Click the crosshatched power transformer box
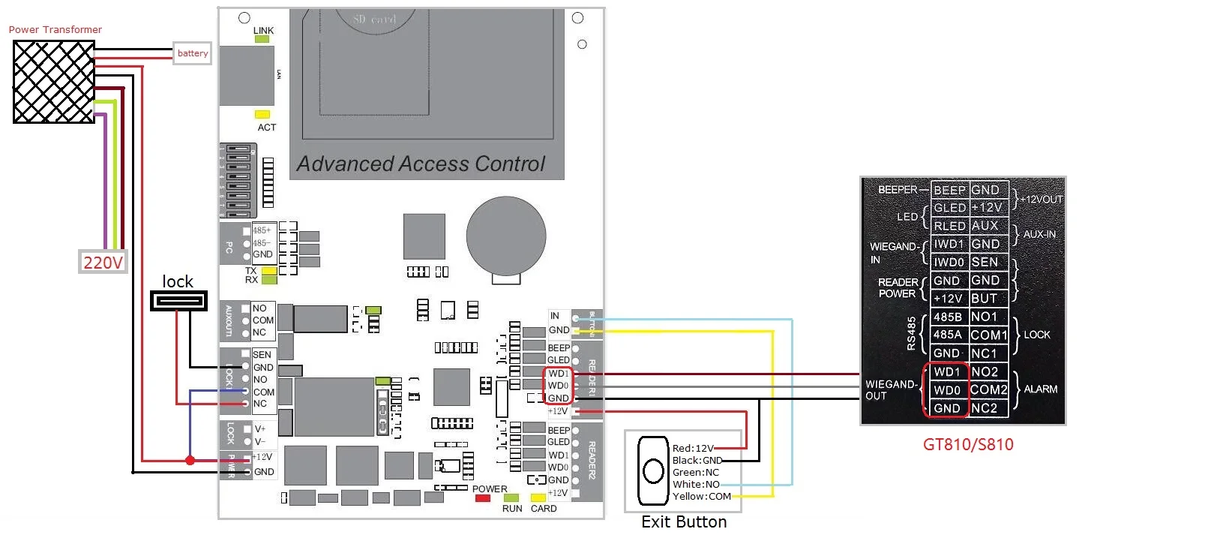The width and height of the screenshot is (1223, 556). pyautogui.click(x=54, y=82)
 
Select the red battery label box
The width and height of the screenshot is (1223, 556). pyautogui.click(x=192, y=53)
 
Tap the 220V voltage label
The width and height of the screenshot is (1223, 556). pyautogui.click(x=103, y=262)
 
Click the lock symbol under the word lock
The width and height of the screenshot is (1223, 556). pyautogui.click(x=178, y=301)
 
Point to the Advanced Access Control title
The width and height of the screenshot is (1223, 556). pyautogui.click(x=421, y=164)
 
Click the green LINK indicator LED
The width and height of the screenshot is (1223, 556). pyautogui.click(x=262, y=39)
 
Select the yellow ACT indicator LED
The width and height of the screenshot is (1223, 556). pyautogui.click(x=262, y=115)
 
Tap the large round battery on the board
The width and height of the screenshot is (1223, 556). pyautogui.click(x=506, y=236)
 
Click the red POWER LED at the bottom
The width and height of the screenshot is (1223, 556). pyautogui.click(x=483, y=498)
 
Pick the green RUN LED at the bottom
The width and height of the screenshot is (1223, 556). pyautogui.click(x=511, y=498)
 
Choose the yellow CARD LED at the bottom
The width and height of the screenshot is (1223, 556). pyautogui.click(x=538, y=498)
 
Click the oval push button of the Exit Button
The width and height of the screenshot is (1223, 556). pyautogui.click(x=653, y=471)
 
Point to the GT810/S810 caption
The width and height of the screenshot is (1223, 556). pyautogui.click(x=967, y=444)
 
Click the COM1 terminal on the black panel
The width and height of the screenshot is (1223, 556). pyautogui.click(x=988, y=335)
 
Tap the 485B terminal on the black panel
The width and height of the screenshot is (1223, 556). pyautogui.click(x=948, y=317)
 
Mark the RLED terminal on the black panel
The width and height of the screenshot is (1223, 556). pyautogui.click(x=949, y=226)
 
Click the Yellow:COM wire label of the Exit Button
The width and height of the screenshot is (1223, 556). pyautogui.click(x=701, y=497)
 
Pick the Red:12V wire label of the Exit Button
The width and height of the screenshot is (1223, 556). pyautogui.click(x=693, y=449)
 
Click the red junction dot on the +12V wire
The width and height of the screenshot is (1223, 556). pyautogui.click(x=190, y=460)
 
